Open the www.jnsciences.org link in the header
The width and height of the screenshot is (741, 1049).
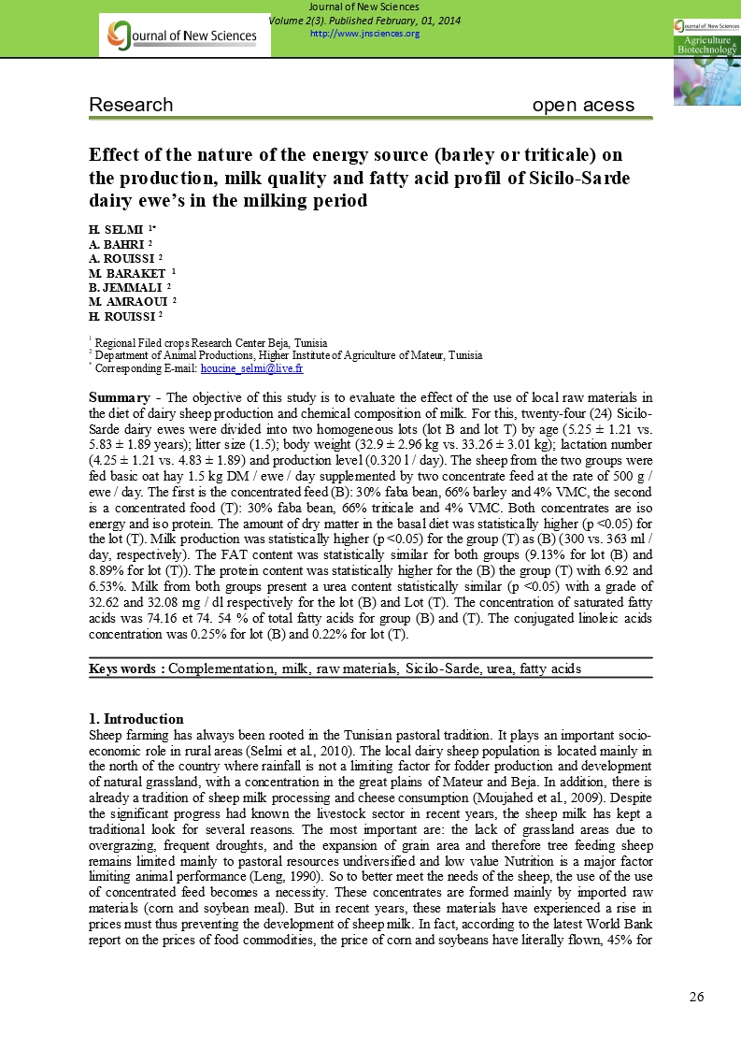coord(363,34)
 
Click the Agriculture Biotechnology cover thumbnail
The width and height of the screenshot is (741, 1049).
coord(705,62)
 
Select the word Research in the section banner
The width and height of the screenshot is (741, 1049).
coord(131,106)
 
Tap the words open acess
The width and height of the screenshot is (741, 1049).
coord(583,106)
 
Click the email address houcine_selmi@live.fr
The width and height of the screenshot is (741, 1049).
coord(251,369)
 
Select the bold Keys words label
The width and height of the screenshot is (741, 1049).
coord(127,668)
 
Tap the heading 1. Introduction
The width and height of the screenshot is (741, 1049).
coord(136,719)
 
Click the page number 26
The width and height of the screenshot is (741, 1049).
coord(696,997)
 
